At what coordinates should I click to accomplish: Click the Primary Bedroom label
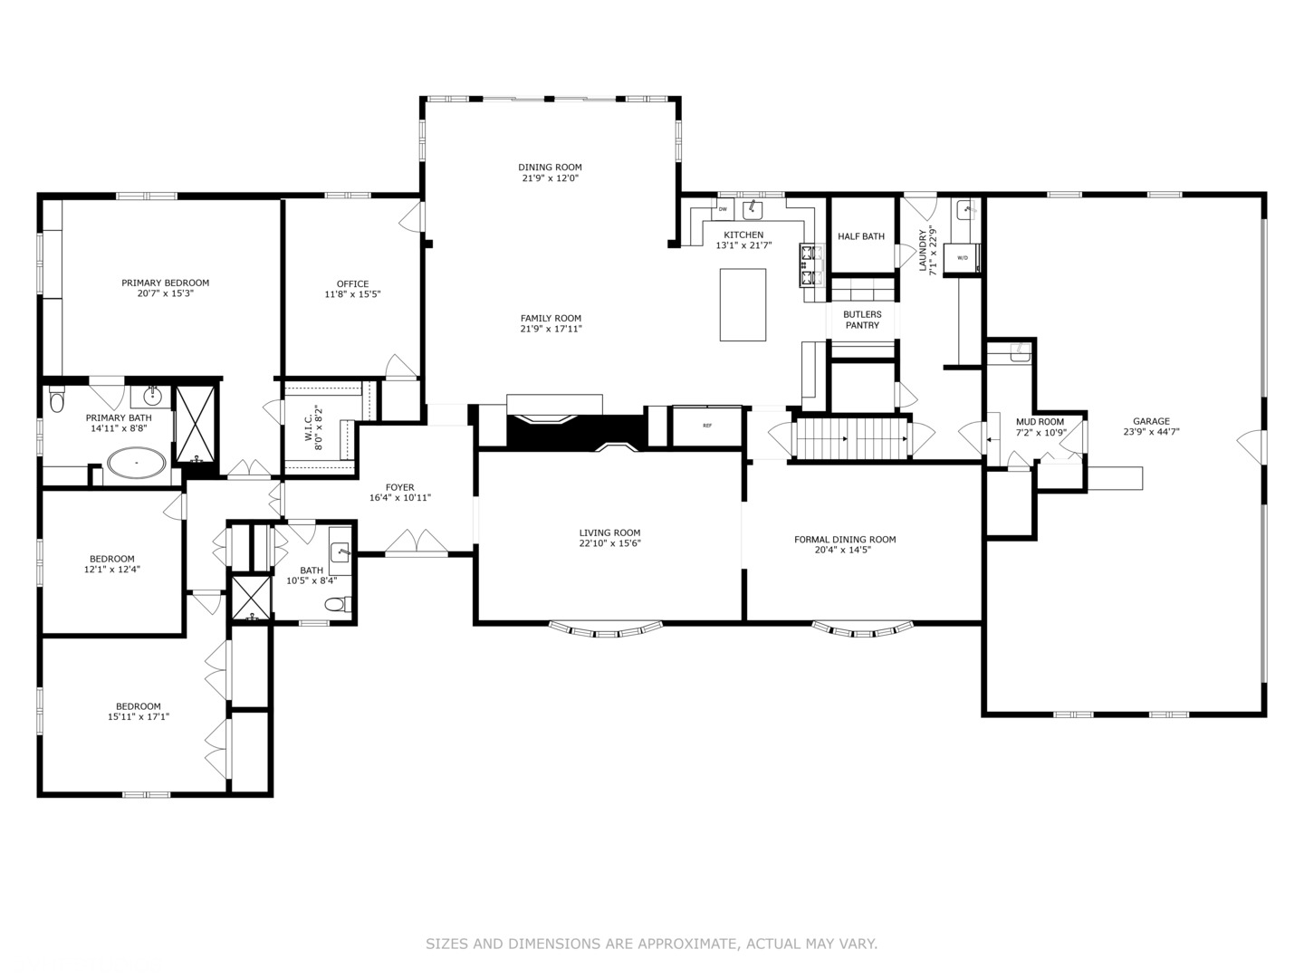[x=166, y=283]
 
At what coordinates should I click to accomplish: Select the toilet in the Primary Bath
[x=58, y=399]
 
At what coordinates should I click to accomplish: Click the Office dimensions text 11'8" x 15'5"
[x=352, y=294]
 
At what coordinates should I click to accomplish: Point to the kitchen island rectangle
[x=743, y=304]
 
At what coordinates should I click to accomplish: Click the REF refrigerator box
[x=706, y=426]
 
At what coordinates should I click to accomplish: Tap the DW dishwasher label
[x=723, y=209]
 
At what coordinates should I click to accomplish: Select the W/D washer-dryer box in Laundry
[x=962, y=258]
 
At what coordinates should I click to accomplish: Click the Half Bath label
[x=861, y=236]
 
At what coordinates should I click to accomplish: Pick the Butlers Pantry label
[x=862, y=320]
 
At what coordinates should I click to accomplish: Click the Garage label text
[x=1151, y=421]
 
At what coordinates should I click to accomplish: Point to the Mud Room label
[x=1040, y=422]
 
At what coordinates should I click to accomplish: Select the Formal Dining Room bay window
[x=863, y=628]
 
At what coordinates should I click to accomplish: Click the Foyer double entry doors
[x=417, y=543]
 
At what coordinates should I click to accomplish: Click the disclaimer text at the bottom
[x=651, y=944]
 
